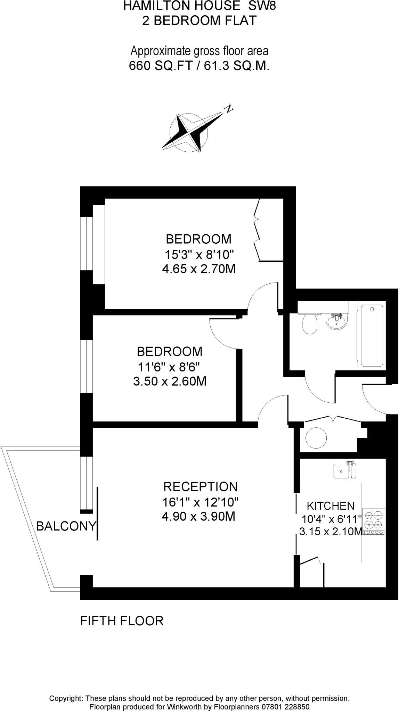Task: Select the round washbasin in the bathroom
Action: (336, 321)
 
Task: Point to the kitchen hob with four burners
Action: (374, 521)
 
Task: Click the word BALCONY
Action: (66, 526)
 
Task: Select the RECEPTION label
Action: (200, 486)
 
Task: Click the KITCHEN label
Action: (330, 506)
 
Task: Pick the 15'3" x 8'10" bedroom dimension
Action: (198, 255)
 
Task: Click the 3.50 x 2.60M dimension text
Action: (170, 382)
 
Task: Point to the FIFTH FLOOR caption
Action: (122, 621)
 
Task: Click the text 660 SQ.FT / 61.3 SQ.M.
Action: (199, 66)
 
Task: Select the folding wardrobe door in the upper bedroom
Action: (258, 229)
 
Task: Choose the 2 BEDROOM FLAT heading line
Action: (199, 20)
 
